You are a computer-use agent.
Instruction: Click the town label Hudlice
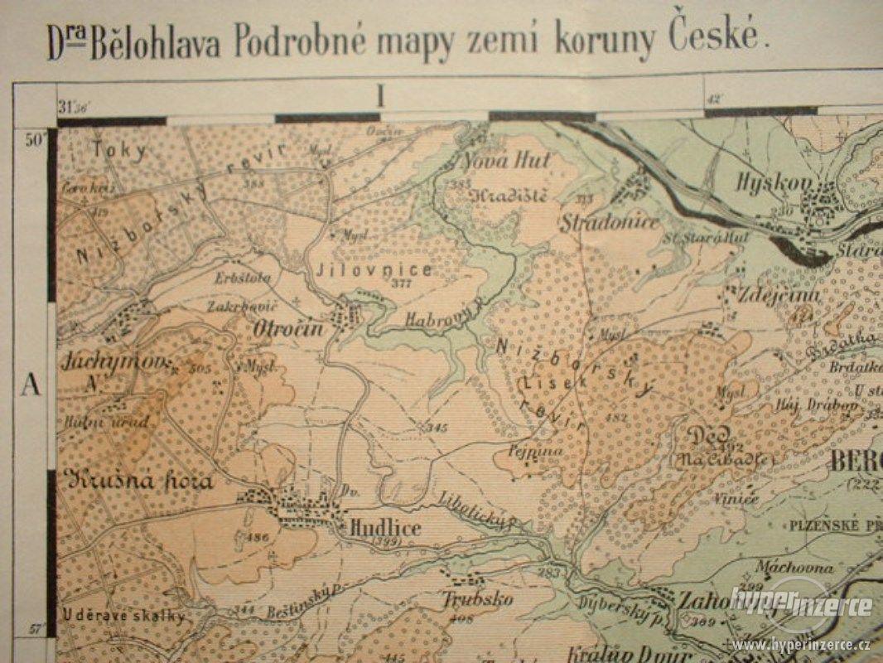pos(384,528)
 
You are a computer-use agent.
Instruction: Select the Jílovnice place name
pos(374,270)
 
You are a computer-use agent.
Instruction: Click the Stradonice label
pos(609,222)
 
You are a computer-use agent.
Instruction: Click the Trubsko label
pos(477,599)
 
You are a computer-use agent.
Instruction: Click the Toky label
pos(121,150)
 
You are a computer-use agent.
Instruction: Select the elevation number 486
pos(258,538)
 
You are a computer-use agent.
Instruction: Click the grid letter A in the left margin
pos(31,384)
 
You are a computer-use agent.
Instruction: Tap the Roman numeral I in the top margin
pos(380,97)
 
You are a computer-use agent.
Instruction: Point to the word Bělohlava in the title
pos(155,43)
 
